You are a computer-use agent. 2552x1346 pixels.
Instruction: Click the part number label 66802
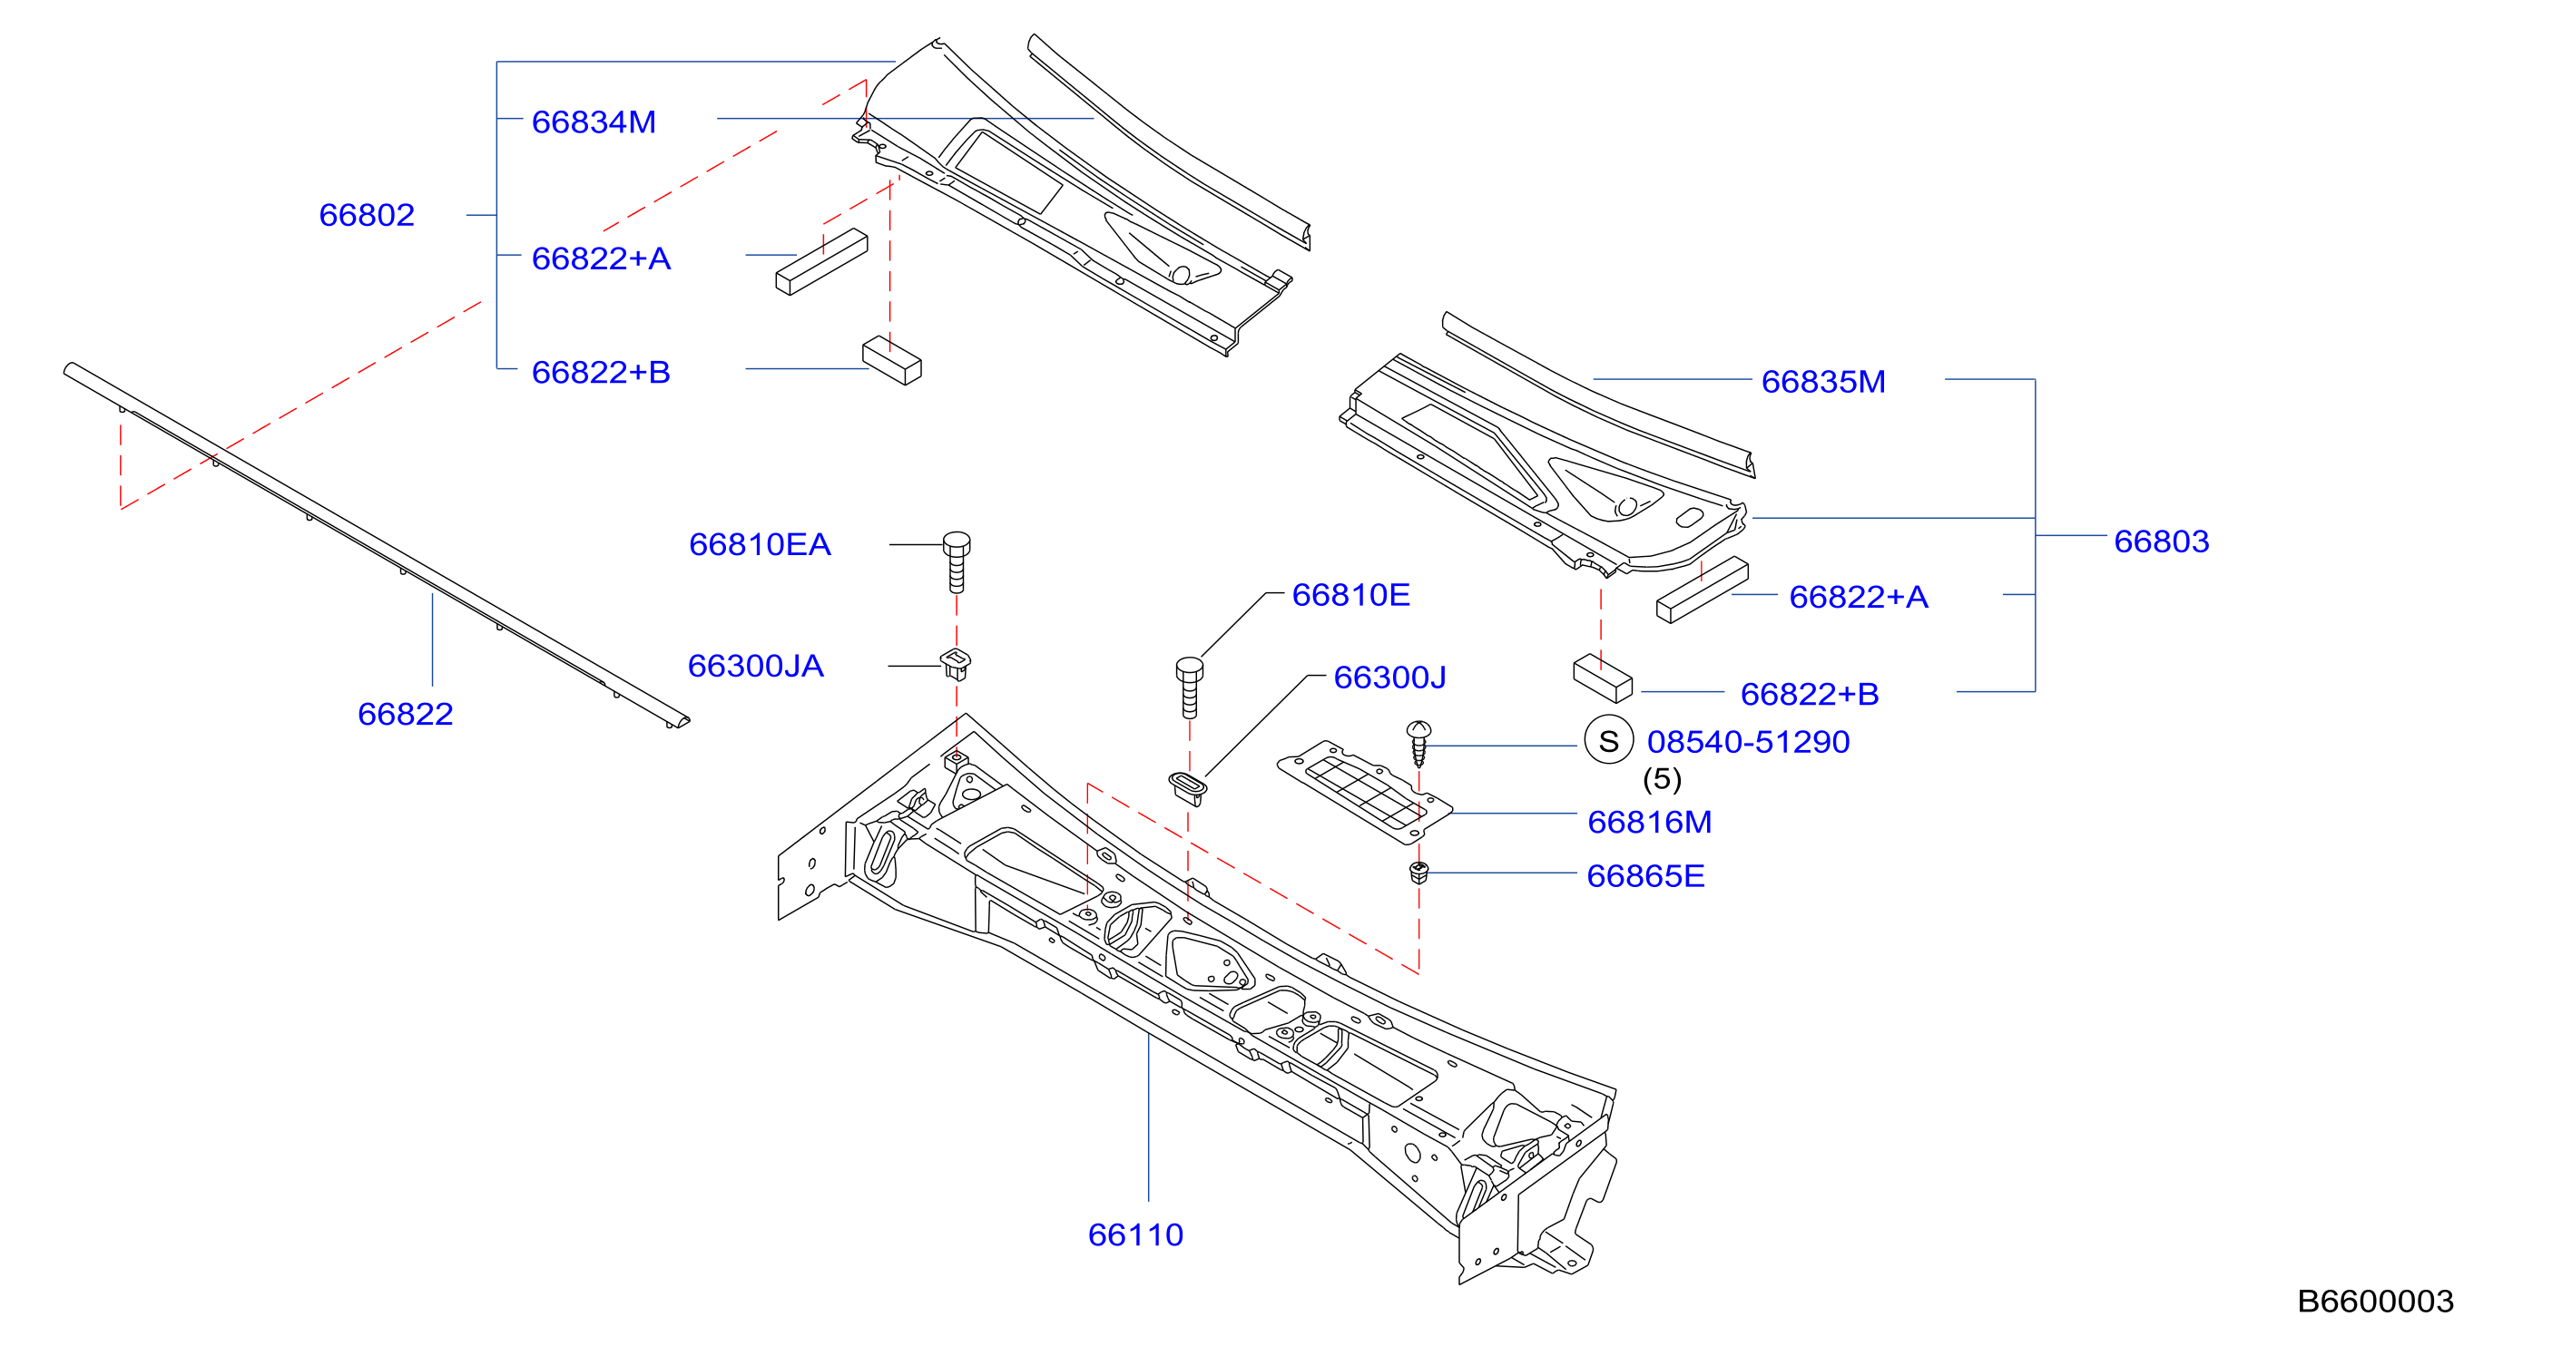click(x=367, y=215)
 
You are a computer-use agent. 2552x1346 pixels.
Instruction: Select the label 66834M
click(x=594, y=122)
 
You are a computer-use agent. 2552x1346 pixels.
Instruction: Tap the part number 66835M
click(x=1823, y=381)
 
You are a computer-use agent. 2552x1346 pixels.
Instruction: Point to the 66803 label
click(x=2162, y=541)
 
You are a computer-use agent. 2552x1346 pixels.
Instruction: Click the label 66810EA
click(x=760, y=543)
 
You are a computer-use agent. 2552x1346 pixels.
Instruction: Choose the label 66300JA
click(x=756, y=666)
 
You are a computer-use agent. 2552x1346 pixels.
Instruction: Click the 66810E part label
click(x=1350, y=594)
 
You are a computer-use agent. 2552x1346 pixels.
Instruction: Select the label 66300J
click(x=1390, y=677)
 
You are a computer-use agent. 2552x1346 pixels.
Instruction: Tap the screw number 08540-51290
click(x=1749, y=741)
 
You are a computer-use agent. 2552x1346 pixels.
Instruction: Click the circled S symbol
click(x=1609, y=740)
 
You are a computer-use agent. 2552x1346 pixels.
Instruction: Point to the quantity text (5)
click(x=1663, y=778)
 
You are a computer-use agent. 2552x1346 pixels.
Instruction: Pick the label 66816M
click(x=1650, y=821)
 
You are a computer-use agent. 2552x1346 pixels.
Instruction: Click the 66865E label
click(x=1645, y=875)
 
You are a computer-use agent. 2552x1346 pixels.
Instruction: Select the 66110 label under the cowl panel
click(x=1135, y=1234)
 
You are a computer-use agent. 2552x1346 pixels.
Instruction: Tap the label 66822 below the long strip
click(x=405, y=713)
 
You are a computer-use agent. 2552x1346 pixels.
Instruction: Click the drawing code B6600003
click(x=2376, y=1301)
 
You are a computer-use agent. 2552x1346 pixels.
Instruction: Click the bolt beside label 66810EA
click(x=956, y=561)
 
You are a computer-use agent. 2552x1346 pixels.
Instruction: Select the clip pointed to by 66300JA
click(x=955, y=663)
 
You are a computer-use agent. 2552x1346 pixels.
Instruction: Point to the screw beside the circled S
click(x=1418, y=744)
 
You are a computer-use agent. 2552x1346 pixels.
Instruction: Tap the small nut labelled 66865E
click(x=1418, y=873)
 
